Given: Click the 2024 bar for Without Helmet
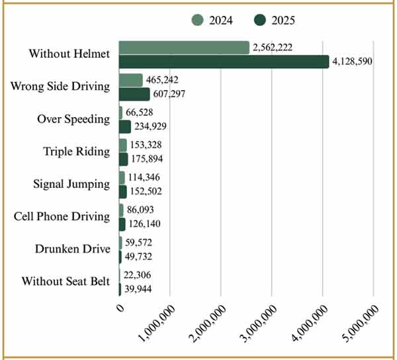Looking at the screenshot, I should pos(184,48).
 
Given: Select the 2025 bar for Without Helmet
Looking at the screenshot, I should pos(224,62).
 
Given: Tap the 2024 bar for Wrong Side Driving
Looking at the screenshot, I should pos(130,80).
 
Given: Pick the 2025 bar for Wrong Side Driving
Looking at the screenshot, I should pos(134,94).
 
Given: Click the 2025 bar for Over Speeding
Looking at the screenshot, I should pos(125,126).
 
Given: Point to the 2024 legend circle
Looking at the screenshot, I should pos(198,20).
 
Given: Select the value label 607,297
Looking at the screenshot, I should pos(171,94).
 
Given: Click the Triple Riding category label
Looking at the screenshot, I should pos(77,152).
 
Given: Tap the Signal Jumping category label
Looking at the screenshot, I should pos(71,184).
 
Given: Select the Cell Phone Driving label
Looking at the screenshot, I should pos(62,216).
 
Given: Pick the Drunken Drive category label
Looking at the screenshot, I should pos(72,249).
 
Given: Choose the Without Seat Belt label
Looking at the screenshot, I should pos(66,281).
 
